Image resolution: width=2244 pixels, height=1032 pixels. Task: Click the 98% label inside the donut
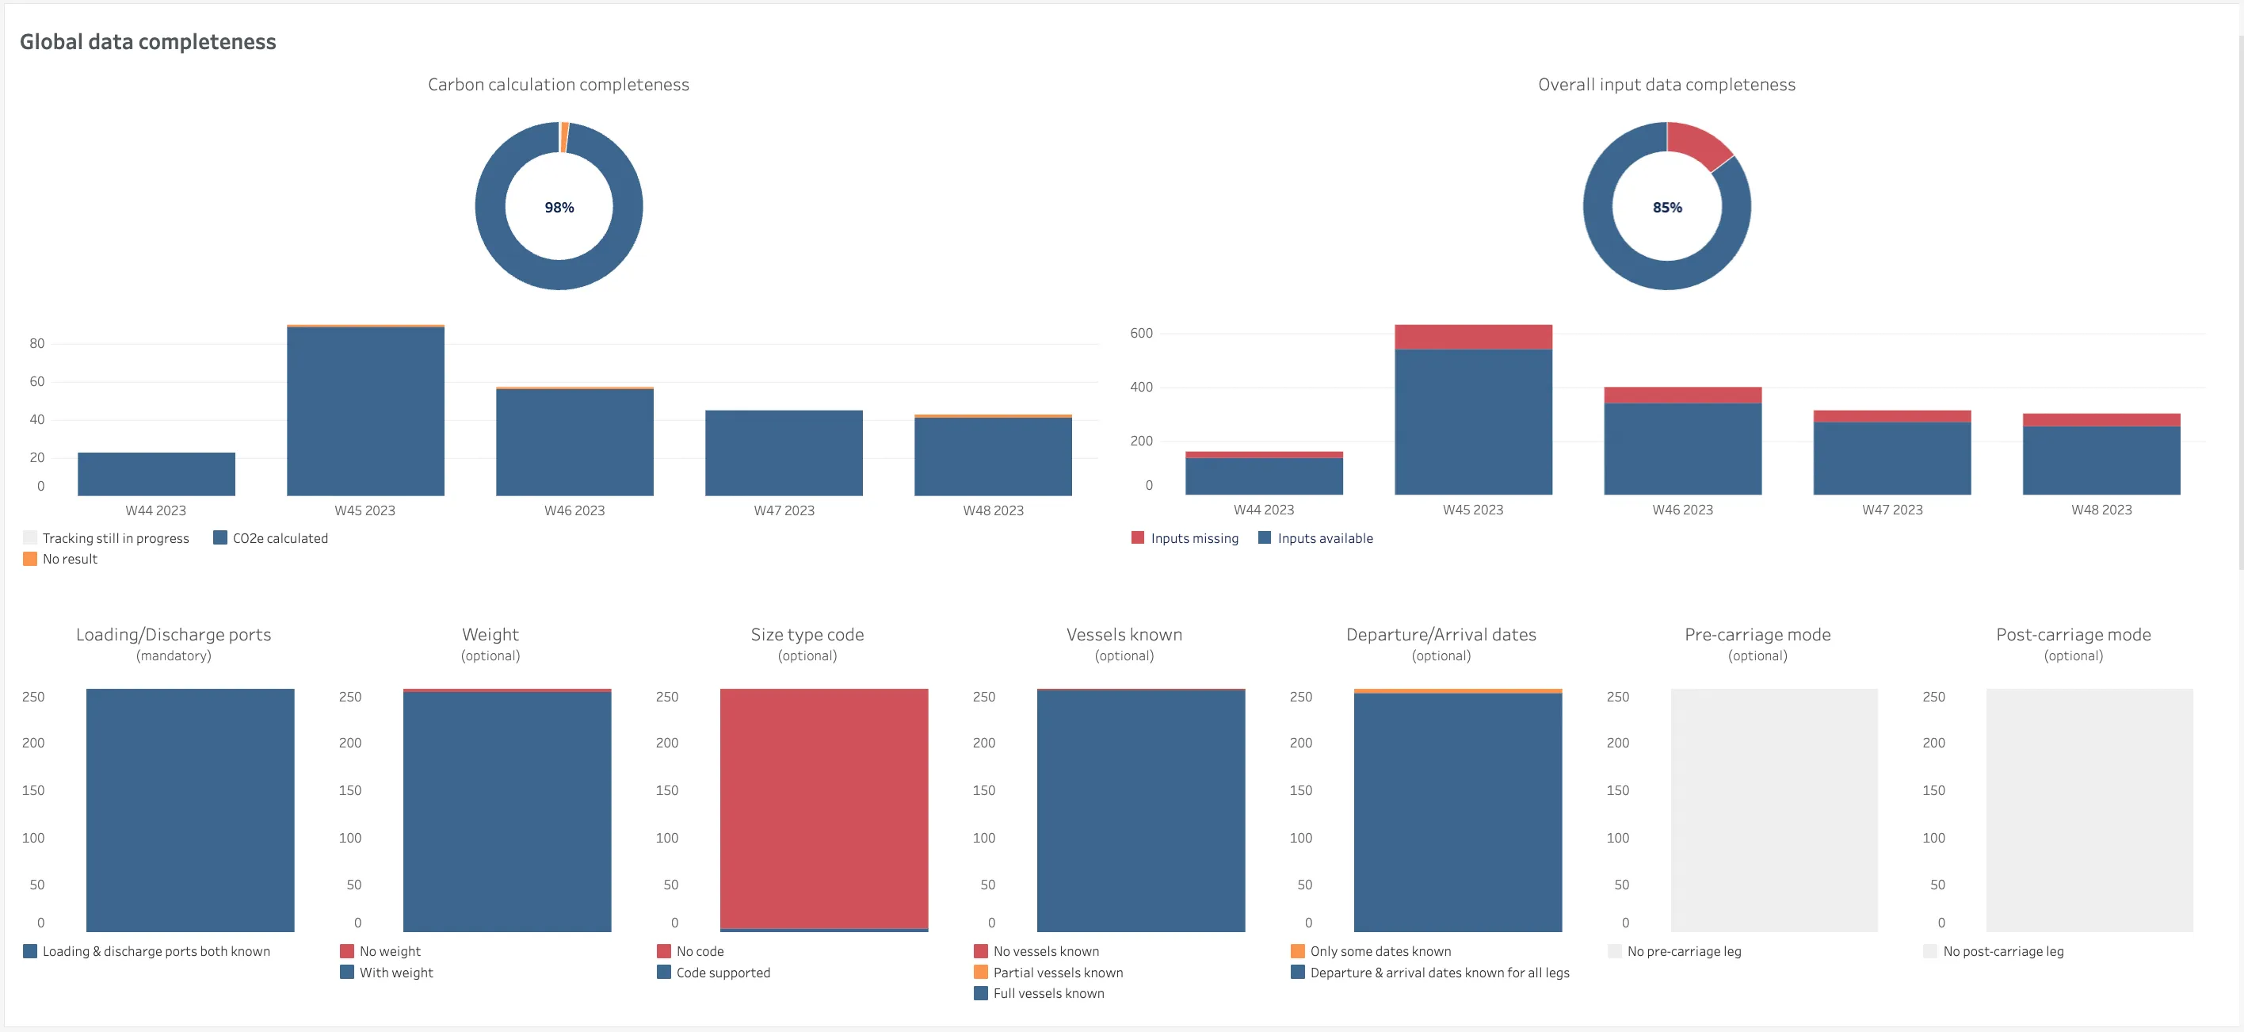(559, 208)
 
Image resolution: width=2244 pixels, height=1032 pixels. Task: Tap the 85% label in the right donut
(1667, 208)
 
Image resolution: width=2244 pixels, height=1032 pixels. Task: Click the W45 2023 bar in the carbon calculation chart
(366, 411)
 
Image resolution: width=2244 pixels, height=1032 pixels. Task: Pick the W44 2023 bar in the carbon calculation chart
(157, 474)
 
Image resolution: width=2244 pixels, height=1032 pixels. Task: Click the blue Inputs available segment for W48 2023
(2101, 461)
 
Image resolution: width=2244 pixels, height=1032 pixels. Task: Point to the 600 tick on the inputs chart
(1141, 333)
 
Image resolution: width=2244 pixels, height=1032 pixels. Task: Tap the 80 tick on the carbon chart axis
(36, 343)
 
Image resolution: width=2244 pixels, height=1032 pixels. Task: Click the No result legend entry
(60, 560)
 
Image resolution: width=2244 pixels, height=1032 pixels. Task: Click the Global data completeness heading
(148, 42)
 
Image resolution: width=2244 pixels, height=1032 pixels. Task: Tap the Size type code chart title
(807, 635)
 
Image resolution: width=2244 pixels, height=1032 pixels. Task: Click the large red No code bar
(824, 808)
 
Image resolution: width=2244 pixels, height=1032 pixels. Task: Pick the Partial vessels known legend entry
(1049, 973)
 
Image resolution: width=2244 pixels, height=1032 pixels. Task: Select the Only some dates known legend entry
(1371, 952)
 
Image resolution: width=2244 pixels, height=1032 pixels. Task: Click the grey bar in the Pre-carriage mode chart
(1774, 811)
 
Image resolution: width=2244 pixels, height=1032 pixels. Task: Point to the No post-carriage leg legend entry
(1993, 952)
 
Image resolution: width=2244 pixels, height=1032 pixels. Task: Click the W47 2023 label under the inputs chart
(1892, 510)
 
